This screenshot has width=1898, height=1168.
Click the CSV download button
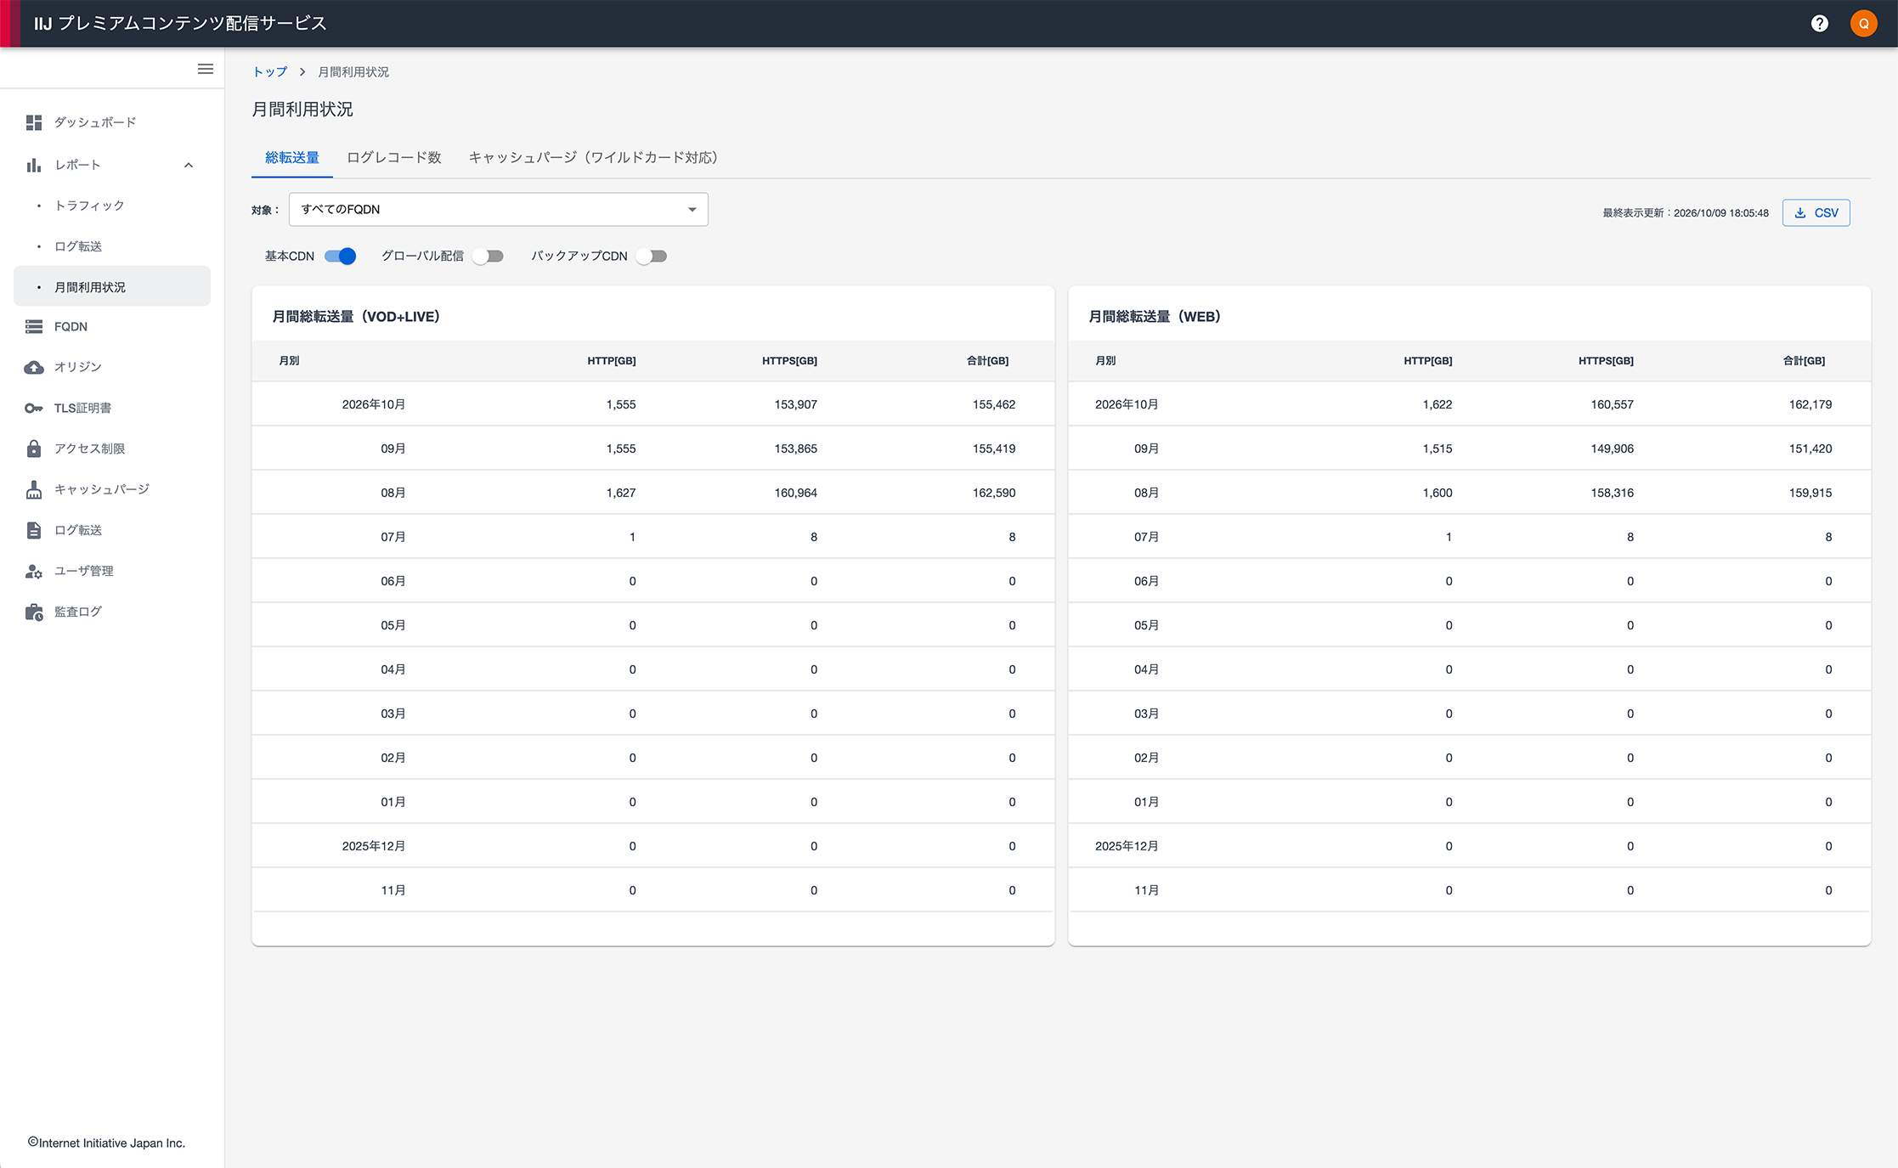click(x=1816, y=212)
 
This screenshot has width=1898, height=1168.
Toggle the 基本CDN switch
click(x=340, y=256)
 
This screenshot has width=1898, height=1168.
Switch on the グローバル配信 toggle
click(x=489, y=256)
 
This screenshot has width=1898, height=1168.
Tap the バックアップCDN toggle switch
click(x=652, y=256)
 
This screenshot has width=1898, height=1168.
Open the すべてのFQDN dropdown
click(x=499, y=209)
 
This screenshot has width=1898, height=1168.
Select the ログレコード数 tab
click(x=394, y=157)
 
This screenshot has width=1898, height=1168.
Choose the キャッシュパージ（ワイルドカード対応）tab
click(x=593, y=157)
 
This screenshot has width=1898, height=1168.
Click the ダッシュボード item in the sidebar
click(x=95, y=122)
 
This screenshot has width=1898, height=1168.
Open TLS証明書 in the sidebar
click(x=82, y=408)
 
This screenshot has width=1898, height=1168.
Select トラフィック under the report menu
click(x=89, y=206)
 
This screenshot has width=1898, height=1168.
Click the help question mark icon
click(x=1819, y=23)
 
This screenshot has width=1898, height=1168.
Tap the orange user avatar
click(x=1863, y=23)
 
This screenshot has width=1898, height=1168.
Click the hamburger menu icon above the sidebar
click(x=206, y=69)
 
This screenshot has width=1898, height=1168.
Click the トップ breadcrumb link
click(x=270, y=72)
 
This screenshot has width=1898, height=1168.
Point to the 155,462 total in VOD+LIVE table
click(x=994, y=404)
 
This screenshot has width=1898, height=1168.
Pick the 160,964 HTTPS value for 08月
click(x=795, y=493)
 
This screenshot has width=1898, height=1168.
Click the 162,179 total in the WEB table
click(x=1810, y=404)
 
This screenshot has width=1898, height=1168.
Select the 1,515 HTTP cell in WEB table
click(x=1438, y=449)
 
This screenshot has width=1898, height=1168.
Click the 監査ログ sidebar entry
click(x=78, y=612)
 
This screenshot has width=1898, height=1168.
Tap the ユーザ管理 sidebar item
click(x=83, y=571)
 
